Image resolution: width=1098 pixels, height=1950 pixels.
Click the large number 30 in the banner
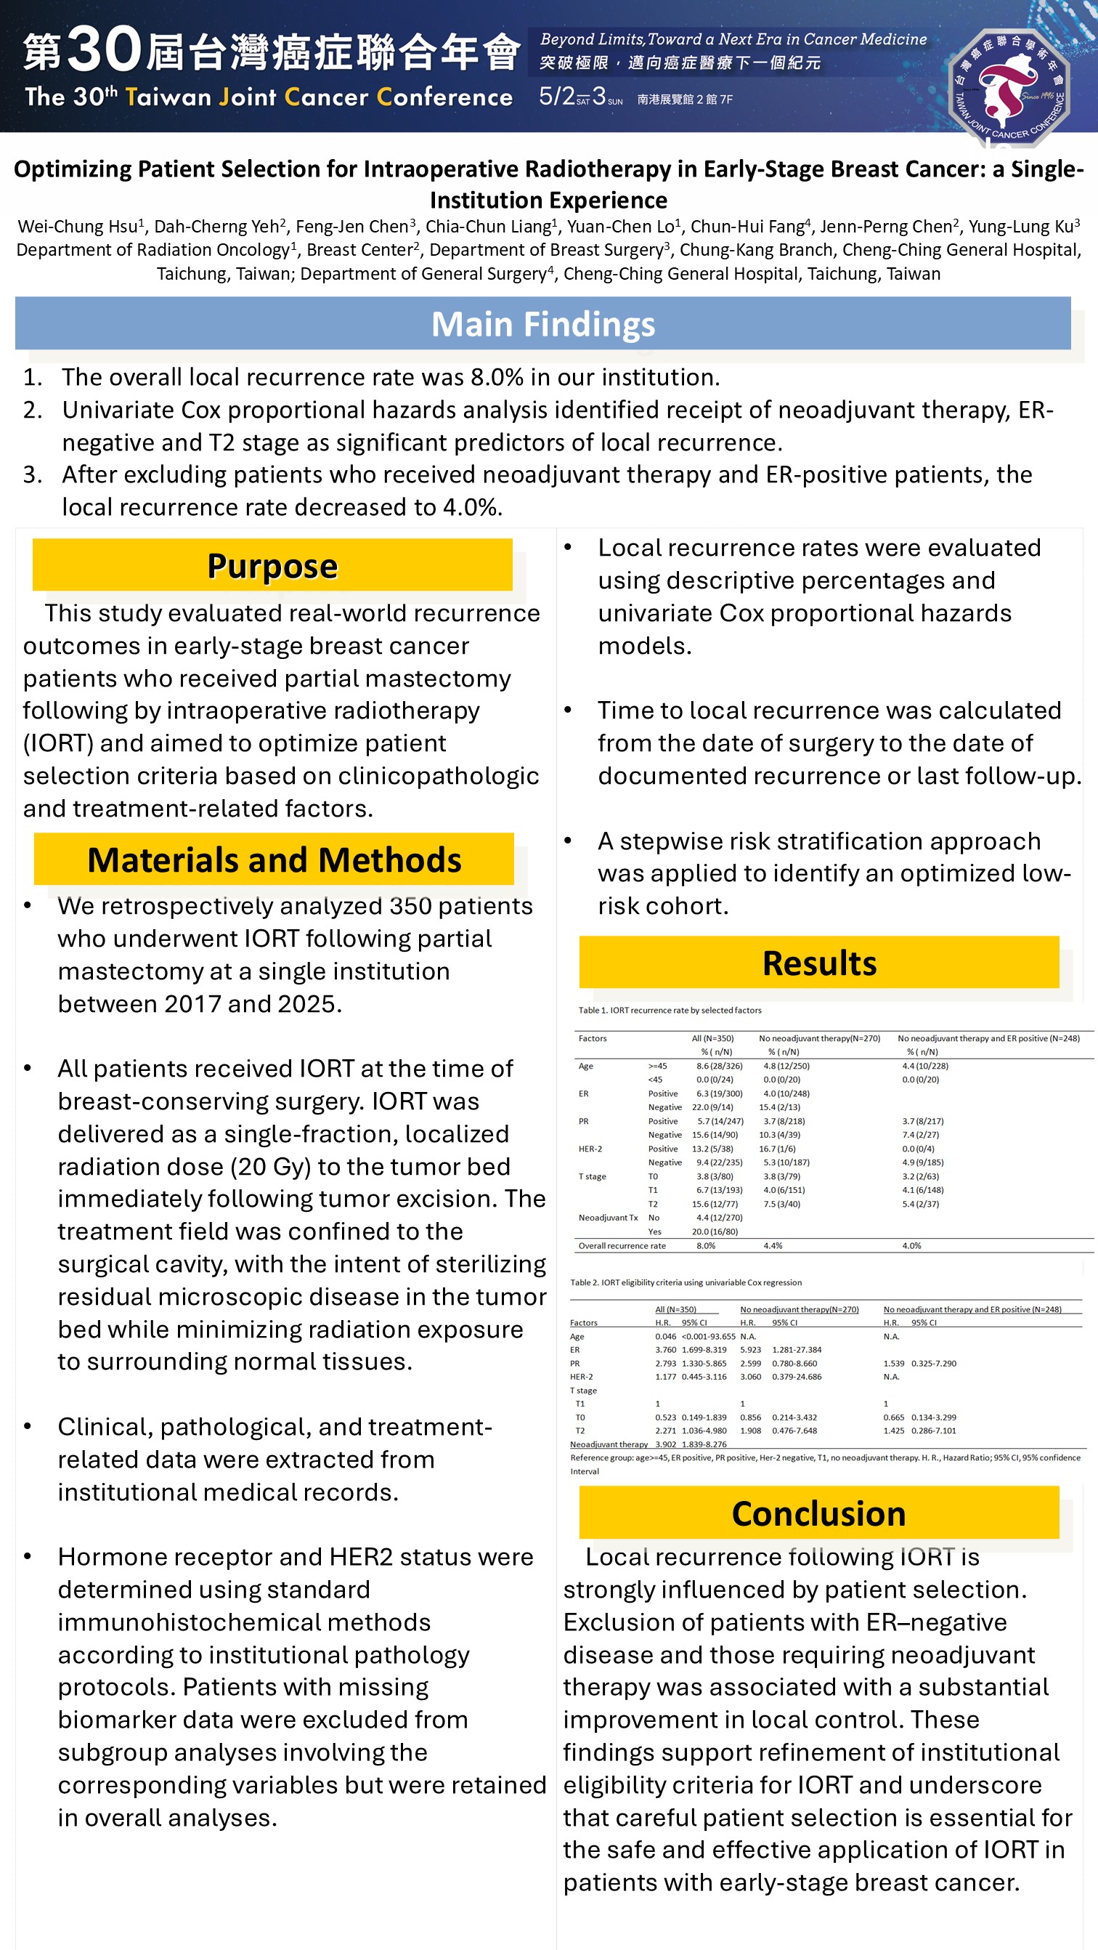click(105, 50)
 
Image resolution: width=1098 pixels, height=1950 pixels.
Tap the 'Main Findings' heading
click(542, 324)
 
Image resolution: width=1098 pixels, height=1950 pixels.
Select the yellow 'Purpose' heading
click(272, 565)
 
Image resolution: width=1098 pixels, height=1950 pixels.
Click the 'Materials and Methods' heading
click(274, 859)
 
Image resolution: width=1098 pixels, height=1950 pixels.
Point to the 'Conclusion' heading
click(818, 1513)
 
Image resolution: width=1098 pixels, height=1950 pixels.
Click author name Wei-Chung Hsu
click(77, 227)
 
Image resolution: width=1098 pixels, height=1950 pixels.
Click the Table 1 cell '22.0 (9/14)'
click(712, 1107)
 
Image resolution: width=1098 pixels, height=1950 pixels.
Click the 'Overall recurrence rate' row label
click(622, 1246)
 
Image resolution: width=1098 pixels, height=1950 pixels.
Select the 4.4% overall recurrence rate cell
click(772, 1246)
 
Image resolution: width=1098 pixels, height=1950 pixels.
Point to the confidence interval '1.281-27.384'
click(796, 1350)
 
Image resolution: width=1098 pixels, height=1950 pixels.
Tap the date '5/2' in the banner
click(556, 96)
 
